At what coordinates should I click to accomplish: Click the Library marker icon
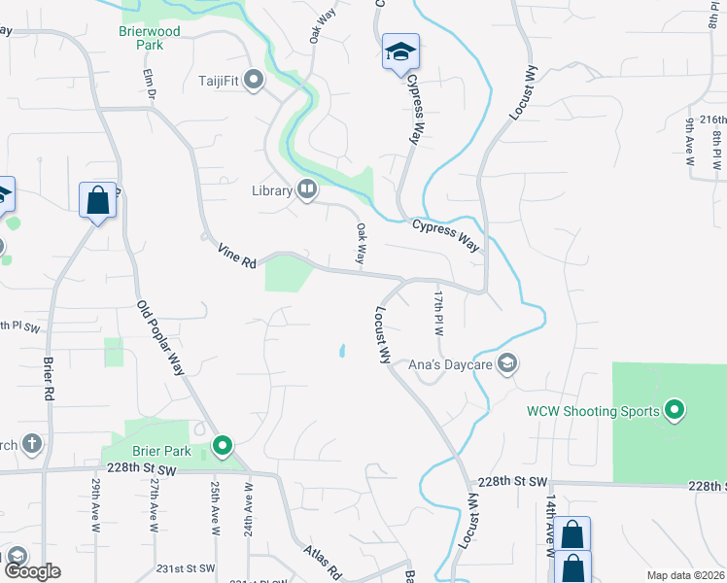tap(307, 189)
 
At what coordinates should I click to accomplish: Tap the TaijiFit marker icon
tap(256, 80)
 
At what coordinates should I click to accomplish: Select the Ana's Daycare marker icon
tap(505, 364)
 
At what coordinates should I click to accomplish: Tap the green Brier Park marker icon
tap(222, 446)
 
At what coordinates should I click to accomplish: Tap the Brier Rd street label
tap(48, 379)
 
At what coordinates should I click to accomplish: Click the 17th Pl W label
tap(438, 312)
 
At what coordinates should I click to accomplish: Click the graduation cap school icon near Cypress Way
tap(399, 53)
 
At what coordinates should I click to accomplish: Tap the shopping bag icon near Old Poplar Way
tap(97, 200)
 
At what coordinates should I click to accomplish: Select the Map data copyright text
tap(686, 575)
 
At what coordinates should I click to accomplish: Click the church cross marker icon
tap(32, 445)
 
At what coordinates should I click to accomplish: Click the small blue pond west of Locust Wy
tap(342, 351)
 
